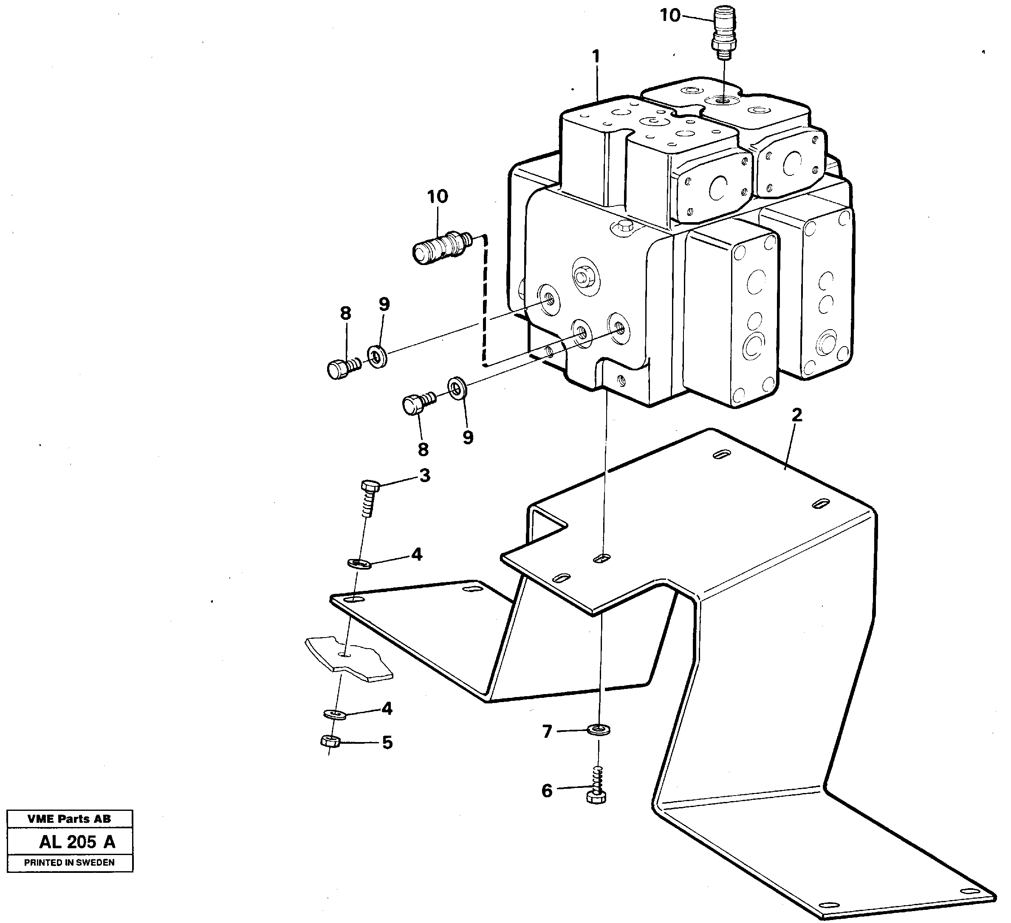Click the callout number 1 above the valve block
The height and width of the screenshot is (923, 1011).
click(x=596, y=56)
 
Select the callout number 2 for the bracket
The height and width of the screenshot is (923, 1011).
click(x=796, y=415)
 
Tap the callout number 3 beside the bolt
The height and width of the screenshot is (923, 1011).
click(x=425, y=475)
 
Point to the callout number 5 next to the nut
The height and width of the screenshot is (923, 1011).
click(x=387, y=742)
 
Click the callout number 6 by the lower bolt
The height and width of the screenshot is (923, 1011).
click(x=547, y=790)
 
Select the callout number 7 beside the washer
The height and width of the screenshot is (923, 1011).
click(x=547, y=732)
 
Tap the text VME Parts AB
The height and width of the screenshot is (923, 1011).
click(x=69, y=819)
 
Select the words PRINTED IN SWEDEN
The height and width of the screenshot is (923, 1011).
click(x=69, y=862)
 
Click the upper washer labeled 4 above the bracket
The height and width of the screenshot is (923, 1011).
click(x=359, y=564)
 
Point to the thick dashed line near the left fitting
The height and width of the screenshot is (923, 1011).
click(x=484, y=301)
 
